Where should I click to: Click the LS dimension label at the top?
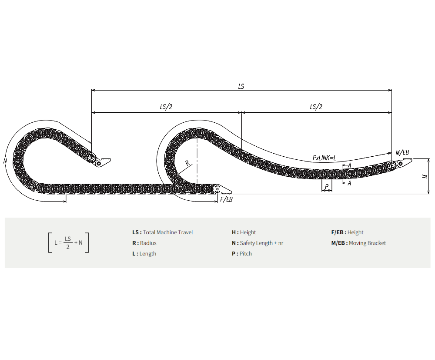(241, 86)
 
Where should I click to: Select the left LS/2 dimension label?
(166, 107)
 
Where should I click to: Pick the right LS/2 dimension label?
(316, 107)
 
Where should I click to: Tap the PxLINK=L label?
(325, 158)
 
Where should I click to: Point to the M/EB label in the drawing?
(402, 152)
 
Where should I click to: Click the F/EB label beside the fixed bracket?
(226, 199)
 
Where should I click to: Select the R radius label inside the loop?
(187, 163)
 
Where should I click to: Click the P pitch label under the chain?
(327, 186)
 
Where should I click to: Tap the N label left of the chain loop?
(5, 161)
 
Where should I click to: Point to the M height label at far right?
(425, 176)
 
